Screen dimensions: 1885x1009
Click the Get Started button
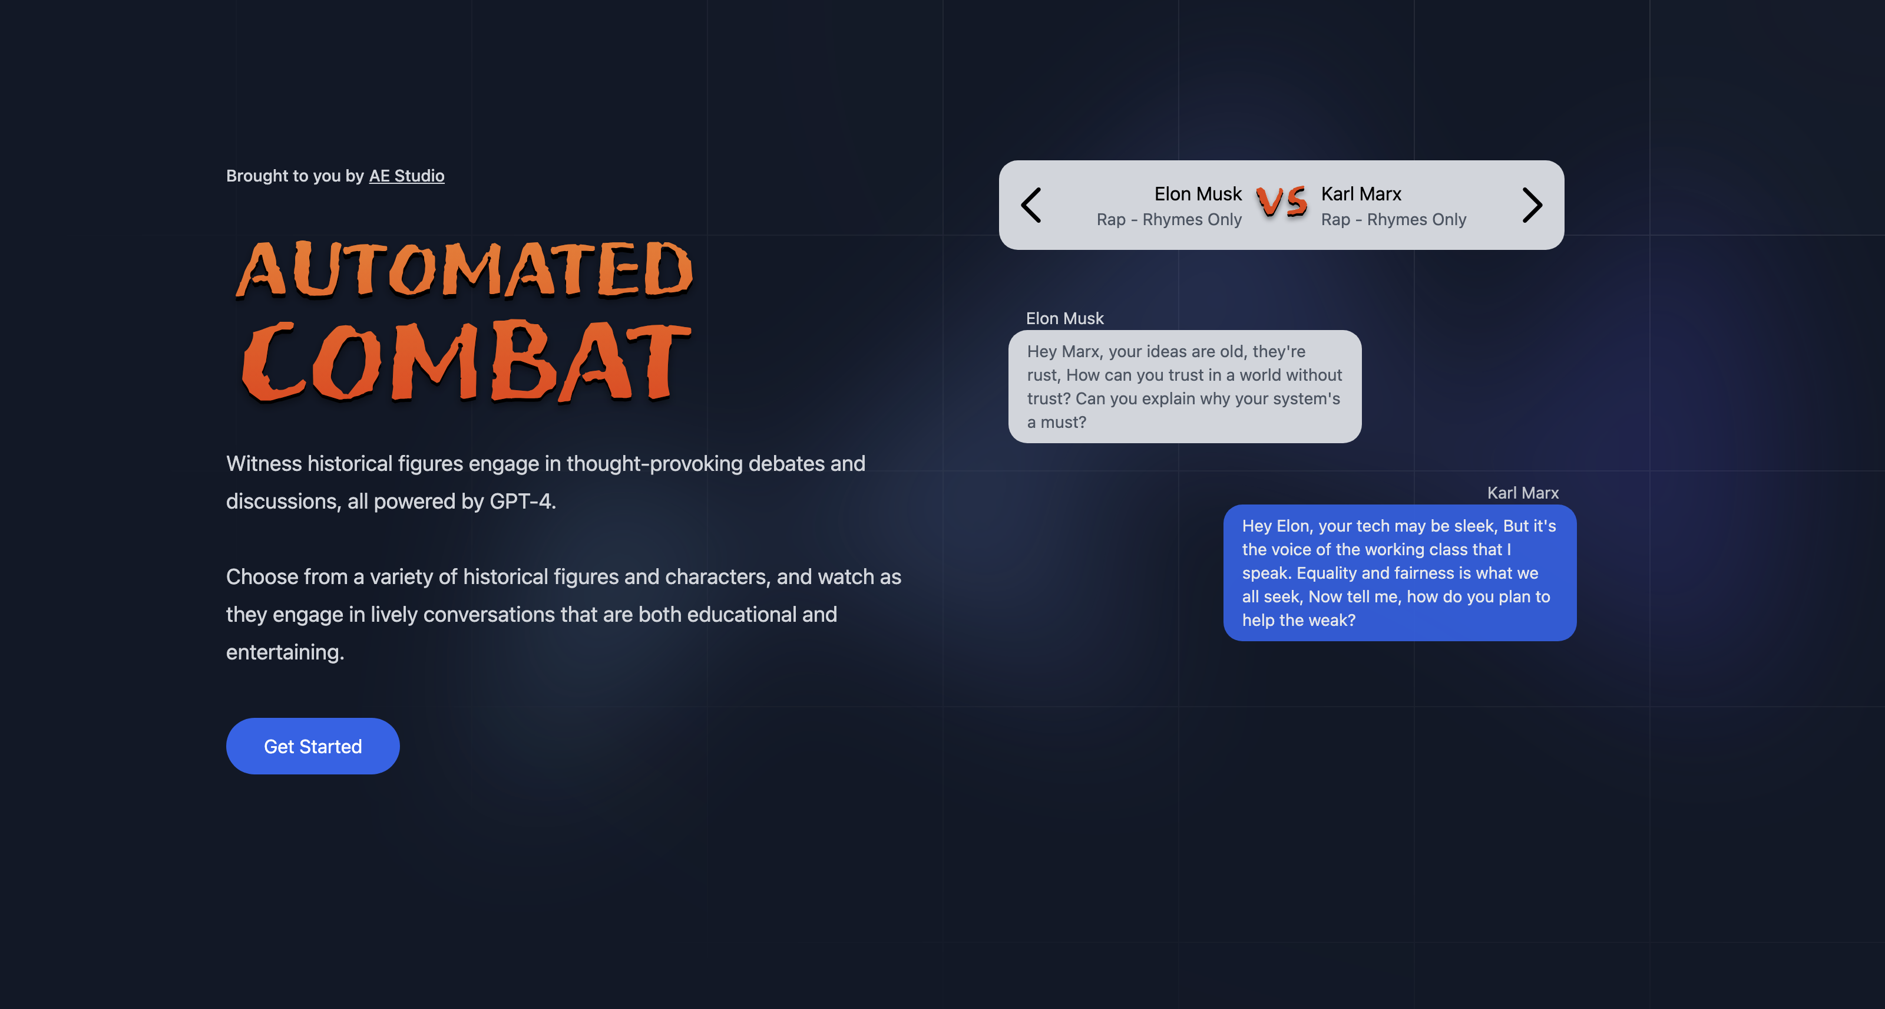tap(312, 746)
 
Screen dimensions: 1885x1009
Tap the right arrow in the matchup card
tap(1532, 205)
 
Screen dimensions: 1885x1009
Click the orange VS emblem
tap(1281, 202)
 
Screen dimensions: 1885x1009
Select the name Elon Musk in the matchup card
tap(1198, 193)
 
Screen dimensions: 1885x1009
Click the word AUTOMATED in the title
tap(464, 269)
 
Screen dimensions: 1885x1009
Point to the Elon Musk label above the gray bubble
tap(1064, 318)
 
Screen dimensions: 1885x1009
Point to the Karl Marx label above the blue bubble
tap(1523, 493)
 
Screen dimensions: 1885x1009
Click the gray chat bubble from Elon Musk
tap(1185, 387)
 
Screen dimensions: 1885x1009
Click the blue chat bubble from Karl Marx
tap(1400, 573)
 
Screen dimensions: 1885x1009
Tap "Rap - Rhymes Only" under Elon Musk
tap(1169, 220)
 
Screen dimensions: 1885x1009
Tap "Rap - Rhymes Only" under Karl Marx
tap(1393, 220)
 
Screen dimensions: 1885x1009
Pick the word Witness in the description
tap(264, 463)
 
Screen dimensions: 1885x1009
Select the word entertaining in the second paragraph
tap(285, 652)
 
